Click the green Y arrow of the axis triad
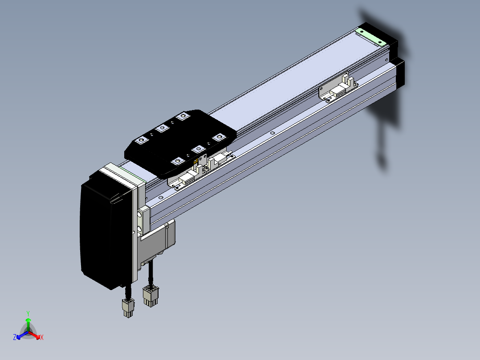coord(28,324)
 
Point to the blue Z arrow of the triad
coord(23,335)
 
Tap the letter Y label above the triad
coord(28,314)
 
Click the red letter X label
coord(42,337)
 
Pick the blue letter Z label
coord(15,337)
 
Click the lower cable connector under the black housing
coord(129,307)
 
